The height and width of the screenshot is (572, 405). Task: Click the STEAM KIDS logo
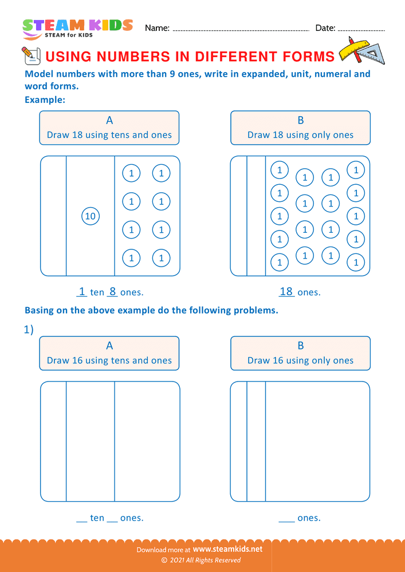tap(77, 28)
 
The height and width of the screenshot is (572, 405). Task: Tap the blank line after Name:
tap(241, 29)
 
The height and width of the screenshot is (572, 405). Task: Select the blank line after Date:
tap(362, 29)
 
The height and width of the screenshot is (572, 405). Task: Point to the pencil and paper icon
tap(30, 55)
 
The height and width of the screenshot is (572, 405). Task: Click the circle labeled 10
tap(90, 216)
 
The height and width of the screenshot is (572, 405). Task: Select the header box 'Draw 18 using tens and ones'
tap(109, 128)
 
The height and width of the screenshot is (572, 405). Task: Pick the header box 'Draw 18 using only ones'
tap(300, 128)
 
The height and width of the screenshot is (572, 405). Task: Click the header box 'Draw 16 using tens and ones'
tap(109, 353)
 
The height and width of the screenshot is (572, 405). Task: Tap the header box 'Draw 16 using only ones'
tap(300, 353)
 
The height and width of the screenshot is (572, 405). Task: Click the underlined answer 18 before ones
tap(286, 292)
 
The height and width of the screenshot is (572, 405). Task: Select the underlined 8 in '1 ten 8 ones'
tap(112, 292)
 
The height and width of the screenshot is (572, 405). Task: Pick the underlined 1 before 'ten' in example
tap(82, 292)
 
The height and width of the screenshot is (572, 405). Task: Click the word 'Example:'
tap(45, 100)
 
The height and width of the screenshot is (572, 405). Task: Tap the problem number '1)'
tap(29, 329)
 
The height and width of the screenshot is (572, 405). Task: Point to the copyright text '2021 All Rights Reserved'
tap(205, 561)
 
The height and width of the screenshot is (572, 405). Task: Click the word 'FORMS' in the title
tap(309, 56)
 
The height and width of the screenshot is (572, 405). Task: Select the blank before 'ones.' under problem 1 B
tap(286, 518)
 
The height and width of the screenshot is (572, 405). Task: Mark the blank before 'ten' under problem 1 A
tap(82, 518)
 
